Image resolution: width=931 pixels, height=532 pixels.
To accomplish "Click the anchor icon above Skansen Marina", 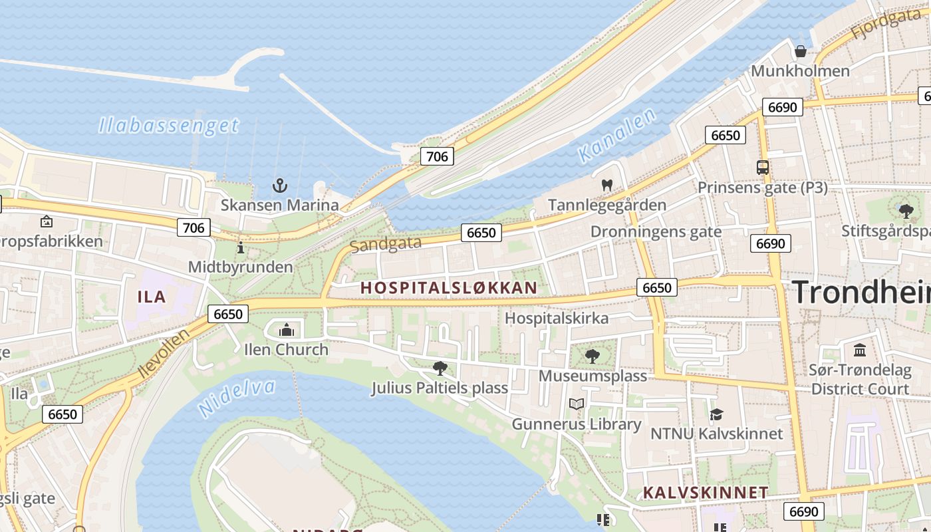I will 280,186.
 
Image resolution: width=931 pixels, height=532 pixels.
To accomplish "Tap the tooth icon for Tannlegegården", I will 606,186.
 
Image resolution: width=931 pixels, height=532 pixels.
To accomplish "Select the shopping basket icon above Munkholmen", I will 801,51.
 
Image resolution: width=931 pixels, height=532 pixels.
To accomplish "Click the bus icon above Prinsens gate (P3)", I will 762,168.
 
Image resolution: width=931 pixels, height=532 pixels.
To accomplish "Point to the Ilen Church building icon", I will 287,329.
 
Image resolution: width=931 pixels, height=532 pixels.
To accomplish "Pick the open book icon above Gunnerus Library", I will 577,404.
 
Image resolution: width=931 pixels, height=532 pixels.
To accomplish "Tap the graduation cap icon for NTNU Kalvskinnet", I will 716,414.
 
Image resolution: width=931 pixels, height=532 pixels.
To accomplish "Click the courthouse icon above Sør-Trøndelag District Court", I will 860,350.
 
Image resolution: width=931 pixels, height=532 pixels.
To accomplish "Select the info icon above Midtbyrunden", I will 240,248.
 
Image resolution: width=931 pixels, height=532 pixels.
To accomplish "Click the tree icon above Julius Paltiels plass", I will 440,368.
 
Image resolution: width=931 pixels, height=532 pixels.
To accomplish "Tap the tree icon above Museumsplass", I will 592,356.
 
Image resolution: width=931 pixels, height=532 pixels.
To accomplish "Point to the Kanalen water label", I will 616,137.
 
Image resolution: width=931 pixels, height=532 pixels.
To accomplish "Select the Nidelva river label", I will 237,397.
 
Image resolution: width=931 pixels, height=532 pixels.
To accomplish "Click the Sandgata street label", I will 385,244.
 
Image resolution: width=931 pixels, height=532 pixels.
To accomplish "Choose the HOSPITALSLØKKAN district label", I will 448,288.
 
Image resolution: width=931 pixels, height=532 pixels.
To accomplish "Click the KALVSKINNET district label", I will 706,493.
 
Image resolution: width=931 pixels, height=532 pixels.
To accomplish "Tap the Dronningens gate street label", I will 656,231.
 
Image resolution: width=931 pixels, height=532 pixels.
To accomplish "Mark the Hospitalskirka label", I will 557,318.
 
